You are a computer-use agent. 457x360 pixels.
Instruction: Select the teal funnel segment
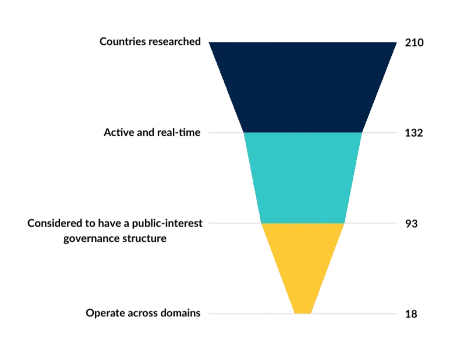[x=303, y=178]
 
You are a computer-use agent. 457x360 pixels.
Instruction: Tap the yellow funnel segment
[x=303, y=265]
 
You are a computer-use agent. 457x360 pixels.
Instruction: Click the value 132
[x=413, y=133]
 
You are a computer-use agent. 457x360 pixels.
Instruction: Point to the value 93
[x=412, y=223]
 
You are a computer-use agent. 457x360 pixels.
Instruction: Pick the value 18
[x=412, y=313]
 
